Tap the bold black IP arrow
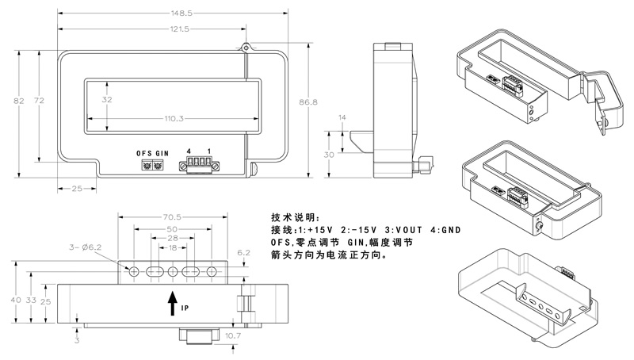click(173, 304)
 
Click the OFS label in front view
click(143, 152)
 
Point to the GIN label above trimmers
click(162, 152)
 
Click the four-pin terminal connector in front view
click(199, 166)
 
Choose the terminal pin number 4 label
click(189, 151)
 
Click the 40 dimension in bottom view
click(13, 300)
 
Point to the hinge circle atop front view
click(246, 48)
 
